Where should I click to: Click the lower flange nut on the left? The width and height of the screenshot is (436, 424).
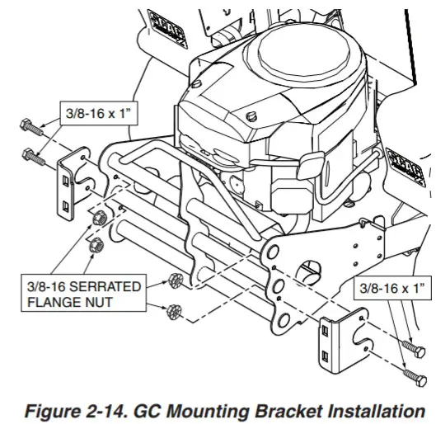[97, 244]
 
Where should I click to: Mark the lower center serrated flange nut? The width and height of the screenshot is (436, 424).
[174, 311]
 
